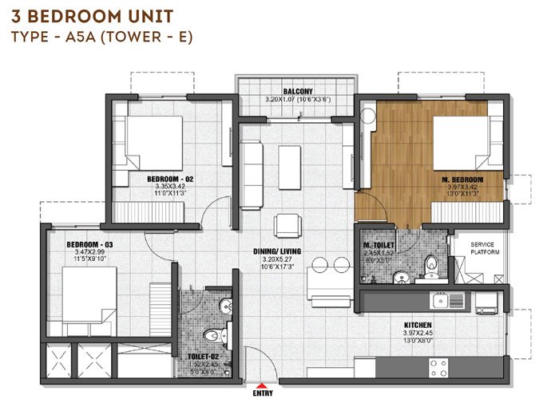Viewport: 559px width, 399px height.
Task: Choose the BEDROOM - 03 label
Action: click(x=70, y=243)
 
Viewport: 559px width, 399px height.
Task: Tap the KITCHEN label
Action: click(x=418, y=326)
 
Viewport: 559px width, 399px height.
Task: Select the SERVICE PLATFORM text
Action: click(x=485, y=247)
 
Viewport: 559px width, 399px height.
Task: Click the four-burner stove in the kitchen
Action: click(x=438, y=366)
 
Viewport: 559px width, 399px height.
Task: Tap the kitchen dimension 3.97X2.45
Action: click(x=418, y=334)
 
